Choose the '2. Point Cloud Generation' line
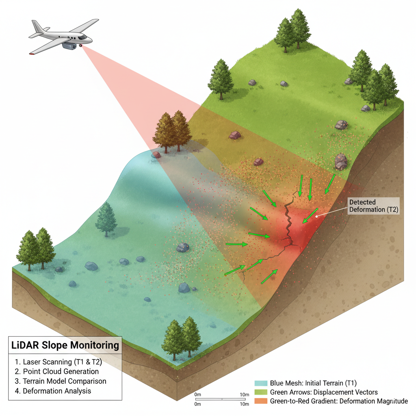pos(57,371)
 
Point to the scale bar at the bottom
pos(222,399)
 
